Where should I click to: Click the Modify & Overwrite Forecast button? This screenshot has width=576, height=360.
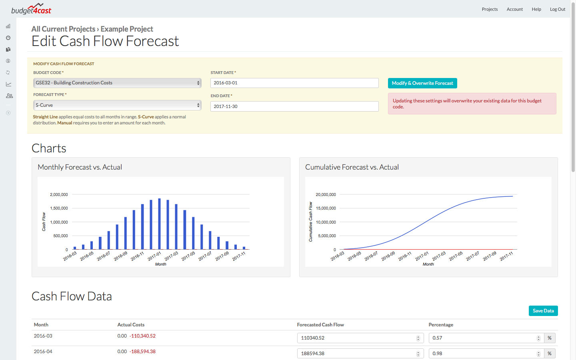tap(422, 83)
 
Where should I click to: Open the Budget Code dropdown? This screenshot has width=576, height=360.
tap(117, 83)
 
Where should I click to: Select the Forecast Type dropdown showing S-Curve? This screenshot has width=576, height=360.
tap(117, 105)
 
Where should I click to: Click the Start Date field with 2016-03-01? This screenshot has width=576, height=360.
tap(294, 83)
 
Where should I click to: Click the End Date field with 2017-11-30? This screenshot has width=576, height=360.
tap(294, 106)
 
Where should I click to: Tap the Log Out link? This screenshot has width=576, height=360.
tap(557, 9)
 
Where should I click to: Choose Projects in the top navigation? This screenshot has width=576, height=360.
tap(490, 9)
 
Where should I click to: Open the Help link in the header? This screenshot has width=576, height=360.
tap(536, 9)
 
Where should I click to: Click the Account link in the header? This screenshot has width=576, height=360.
tap(515, 9)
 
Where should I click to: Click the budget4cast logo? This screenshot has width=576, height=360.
tap(31, 9)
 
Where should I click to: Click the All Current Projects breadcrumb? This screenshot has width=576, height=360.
tap(63, 29)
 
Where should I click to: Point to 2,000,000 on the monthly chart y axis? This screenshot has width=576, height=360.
tap(59, 195)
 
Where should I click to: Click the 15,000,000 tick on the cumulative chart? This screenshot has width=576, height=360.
tap(326, 208)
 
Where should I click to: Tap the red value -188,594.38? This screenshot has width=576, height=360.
tap(142, 352)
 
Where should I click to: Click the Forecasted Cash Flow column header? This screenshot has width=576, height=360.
tap(320, 325)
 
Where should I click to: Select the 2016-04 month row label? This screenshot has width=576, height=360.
tap(43, 352)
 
